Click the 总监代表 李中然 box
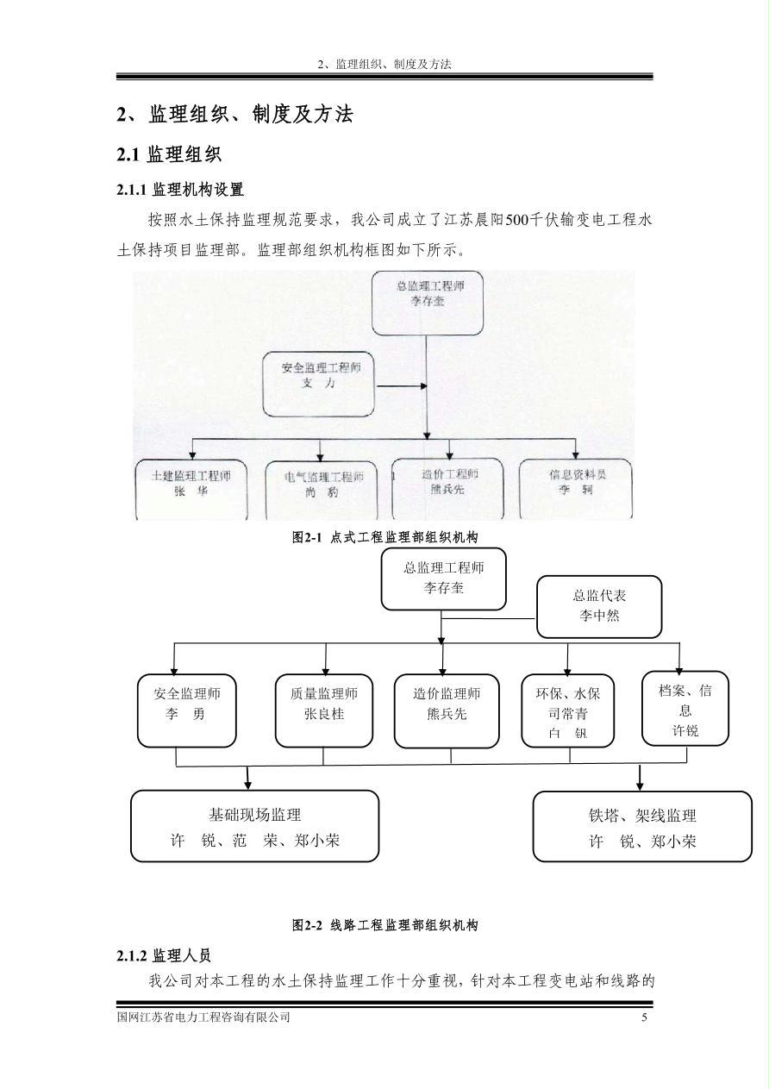tap(598, 606)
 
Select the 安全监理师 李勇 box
tap(186, 710)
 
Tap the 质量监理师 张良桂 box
tap(324, 710)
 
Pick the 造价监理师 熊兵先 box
tap(446, 710)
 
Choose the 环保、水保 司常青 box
tap(568, 710)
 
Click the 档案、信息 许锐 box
tap(685, 708)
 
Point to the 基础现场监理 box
tap(254, 826)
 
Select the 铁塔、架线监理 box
tap(641, 826)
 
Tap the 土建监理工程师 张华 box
tap(191, 488)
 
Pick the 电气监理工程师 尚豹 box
tap(322, 489)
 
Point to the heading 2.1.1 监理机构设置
tap(180, 189)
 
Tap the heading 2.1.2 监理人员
tap(164, 955)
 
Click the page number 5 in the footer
tap(644, 1017)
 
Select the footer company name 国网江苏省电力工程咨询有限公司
tap(203, 1017)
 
